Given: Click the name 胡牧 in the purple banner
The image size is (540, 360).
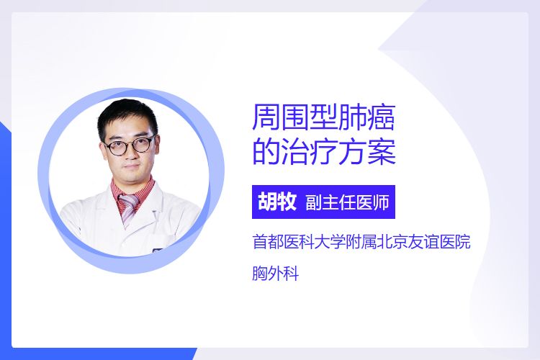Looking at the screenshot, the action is (x=277, y=202).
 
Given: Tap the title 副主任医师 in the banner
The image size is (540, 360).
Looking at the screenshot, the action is (x=347, y=202).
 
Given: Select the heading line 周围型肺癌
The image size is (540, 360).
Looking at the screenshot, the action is (x=323, y=117).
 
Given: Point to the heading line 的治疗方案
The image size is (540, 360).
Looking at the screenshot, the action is (x=324, y=151).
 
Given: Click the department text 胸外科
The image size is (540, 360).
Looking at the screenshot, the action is (x=275, y=274).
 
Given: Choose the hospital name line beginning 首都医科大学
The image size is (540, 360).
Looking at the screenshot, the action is (x=361, y=241).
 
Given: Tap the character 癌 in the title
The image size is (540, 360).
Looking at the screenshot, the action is (x=381, y=117).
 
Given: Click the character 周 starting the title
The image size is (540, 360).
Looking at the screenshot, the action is (x=266, y=117).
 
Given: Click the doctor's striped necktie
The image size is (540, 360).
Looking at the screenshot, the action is (x=128, y=208).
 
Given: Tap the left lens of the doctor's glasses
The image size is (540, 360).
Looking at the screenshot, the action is (x=116, y=148).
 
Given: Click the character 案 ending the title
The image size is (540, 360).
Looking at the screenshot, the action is (x=382, y=151).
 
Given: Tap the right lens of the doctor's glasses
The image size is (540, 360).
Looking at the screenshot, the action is (x=143, y=144).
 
